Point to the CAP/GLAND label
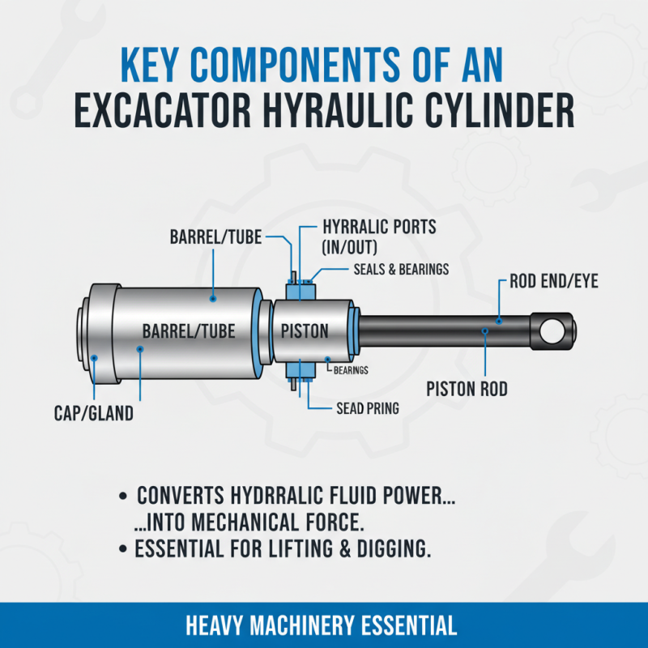pos(90,414)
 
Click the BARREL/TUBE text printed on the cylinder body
pos(189,331)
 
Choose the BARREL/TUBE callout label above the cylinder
pos(217,238)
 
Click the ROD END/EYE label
pos(555,283)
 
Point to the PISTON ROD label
pos(467,390)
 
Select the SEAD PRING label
pos(367,408)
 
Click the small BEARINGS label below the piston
pos(351,370)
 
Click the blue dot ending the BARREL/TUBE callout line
pos(214,299)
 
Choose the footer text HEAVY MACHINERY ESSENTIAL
pos(321,625)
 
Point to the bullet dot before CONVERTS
pos(122,495)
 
